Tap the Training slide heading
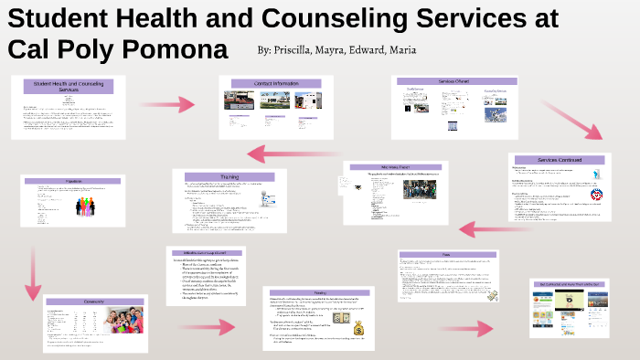pyautogui.click(x=229, y=176)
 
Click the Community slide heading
pyautogui.click(x=95, y=301)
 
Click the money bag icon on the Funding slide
pyautogui.click(x=358, y=328)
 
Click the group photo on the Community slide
pyautogui.click(x=120, y=323)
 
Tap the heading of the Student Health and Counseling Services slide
pyautogui.click(x=69, y=87)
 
